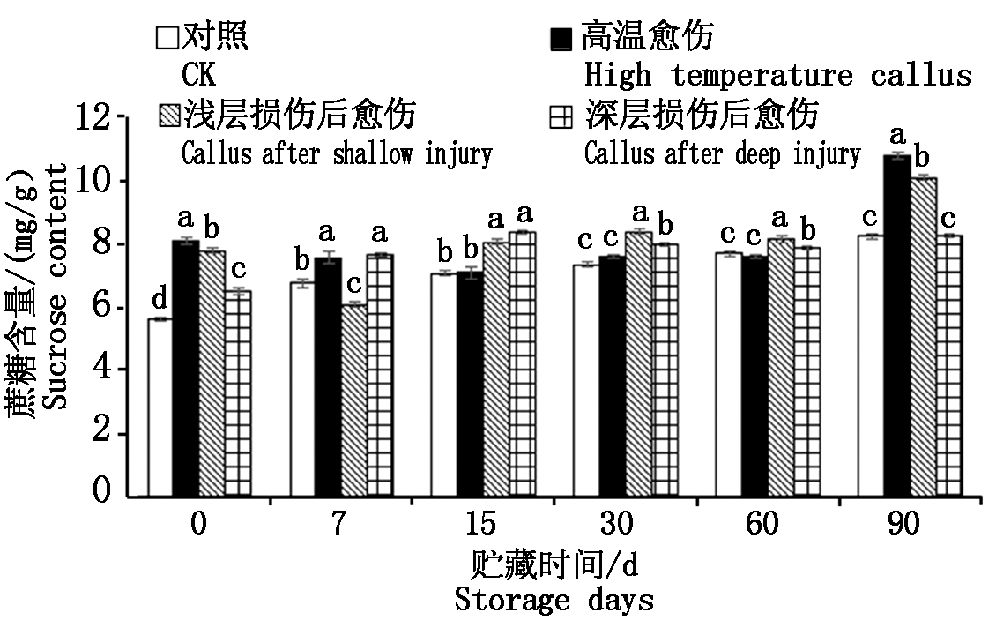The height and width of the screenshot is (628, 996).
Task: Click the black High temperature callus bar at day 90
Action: pyautogui.click(x=898, y=326)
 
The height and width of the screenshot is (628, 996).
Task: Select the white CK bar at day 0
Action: pyautogui.click(x=160, y=408)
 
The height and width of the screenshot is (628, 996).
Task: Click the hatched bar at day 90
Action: pyautogui.click(x=923, y=338)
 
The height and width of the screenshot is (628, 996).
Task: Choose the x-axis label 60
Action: pyautogui.click(x=762, y=526)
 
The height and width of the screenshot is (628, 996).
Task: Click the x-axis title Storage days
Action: pyautogui.click(x=554, y=602)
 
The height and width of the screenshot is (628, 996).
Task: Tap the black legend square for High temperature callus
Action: pyautogui.click(x=561, y=39)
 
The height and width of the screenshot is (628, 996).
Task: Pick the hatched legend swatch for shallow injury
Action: pyautogui.click(x=167, y=115)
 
